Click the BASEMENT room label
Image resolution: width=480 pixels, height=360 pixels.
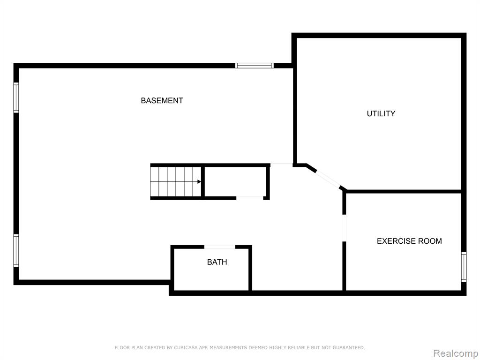point(162,100)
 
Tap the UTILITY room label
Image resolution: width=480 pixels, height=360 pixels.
point(381,113)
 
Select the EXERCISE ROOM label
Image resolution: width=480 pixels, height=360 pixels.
point(409,241)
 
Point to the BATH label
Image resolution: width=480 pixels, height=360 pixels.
point(217,262)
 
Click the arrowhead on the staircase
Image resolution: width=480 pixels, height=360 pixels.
point(199,182)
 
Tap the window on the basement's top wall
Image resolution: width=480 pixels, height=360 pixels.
point(255,66)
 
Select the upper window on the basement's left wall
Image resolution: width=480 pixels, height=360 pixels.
point(16,97)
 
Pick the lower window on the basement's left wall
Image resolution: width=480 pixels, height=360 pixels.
point(16,251)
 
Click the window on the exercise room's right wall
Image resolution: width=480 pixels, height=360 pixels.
point(464,267)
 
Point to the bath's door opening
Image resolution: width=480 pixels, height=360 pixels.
point(220,247)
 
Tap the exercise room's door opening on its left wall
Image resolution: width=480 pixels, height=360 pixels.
point(344,228)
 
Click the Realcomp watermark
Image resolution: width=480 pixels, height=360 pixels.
point(456,353)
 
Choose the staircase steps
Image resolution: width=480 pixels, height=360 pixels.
point(176,182)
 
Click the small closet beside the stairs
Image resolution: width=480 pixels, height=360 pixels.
point(235,182)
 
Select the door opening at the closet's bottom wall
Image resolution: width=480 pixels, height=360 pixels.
point(250,198)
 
